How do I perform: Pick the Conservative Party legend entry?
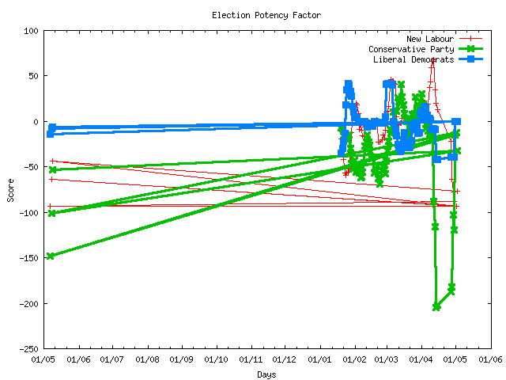coord(410,48)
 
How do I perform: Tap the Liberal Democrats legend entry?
coord(411,59)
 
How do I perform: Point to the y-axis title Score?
coord(10,189)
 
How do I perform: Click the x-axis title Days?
coord(266,374)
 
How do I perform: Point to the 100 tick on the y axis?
coord(31,31)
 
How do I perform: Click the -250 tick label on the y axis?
coord(28,349)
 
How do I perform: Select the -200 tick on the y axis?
coord(28,304)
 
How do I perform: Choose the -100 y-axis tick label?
coord(28,213)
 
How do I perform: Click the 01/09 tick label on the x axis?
coord(182,360)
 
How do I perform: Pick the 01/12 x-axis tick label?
coord(285,360)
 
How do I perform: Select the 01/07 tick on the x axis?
coord(112,360)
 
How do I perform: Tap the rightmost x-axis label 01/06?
coord(491,360)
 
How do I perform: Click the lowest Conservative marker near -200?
coord(436,306)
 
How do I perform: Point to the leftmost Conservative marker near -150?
coord(51,256)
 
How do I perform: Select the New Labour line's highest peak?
coord(432,60)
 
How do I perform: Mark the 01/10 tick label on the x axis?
coord(216,360)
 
